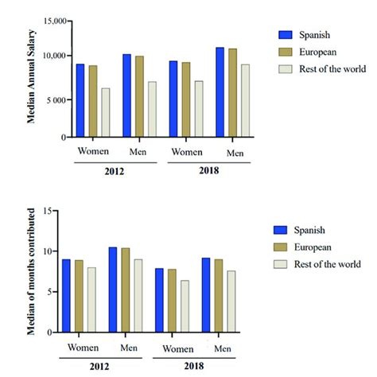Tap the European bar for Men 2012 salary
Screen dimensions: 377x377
point(139,96)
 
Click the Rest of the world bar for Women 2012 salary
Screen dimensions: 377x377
point(106,112)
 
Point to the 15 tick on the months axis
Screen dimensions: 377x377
point(56,211)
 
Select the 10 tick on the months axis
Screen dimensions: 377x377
point(56,251)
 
